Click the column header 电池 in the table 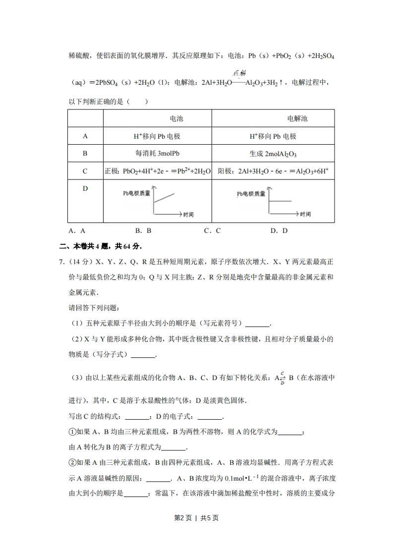[176, 119]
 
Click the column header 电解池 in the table [297, 119]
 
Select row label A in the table [85, 136]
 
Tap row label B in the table [85, 154]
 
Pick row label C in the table [85, 171]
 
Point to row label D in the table [85, 188]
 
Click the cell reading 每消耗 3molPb [157, 154]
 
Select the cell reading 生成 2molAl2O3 [274, 154]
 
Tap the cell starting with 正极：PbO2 [158, 171]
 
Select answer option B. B [143, 230]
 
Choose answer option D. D [279, 230]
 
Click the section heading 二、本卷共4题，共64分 [101, 246]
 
